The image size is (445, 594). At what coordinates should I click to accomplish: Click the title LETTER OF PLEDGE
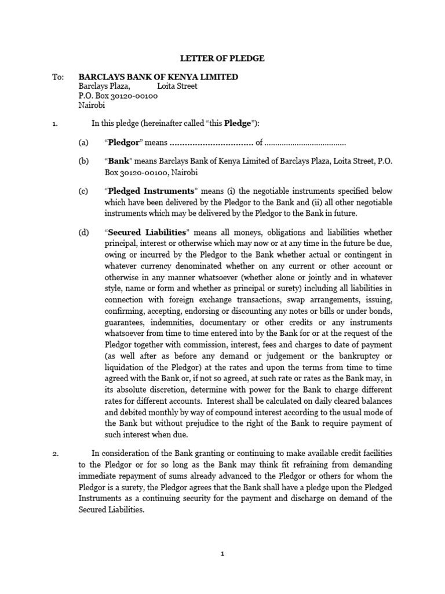point(222,58)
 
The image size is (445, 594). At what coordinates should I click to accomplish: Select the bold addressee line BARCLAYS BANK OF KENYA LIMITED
point(158,77)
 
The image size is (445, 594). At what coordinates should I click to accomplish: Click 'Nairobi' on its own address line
point(92,106)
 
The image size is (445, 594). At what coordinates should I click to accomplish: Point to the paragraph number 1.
point(56,124)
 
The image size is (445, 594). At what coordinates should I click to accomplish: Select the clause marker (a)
point(85,143)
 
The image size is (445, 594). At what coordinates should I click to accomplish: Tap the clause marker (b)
point(85,162)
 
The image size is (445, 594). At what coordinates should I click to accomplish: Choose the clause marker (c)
point(85,191)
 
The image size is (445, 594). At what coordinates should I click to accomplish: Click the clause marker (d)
point(85,233)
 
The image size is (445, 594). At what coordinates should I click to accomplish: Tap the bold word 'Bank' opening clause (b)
point(119,162)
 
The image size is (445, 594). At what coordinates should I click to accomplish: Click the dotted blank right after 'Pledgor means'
point(211,143)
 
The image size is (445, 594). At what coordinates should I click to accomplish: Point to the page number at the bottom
point(222,554)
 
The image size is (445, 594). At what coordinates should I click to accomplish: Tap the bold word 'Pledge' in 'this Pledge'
point(239,124)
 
